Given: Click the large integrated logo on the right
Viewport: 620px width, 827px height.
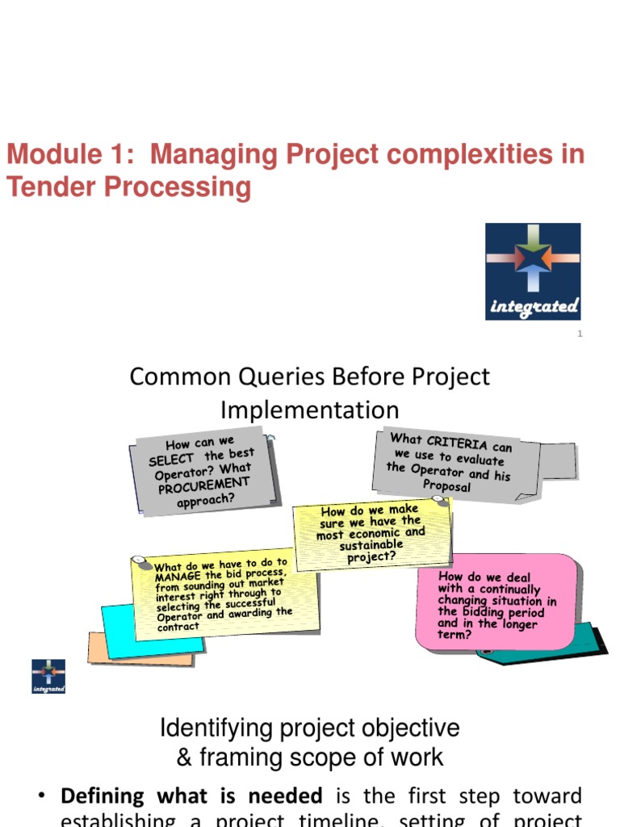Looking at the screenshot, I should click(533, 271).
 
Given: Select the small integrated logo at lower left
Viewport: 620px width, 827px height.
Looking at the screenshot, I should click(48, 677).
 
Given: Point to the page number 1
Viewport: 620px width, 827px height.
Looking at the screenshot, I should click(580, 334).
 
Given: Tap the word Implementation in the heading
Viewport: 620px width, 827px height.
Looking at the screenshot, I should click(310, 409).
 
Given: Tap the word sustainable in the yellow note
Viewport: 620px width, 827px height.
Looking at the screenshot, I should click(371, 545).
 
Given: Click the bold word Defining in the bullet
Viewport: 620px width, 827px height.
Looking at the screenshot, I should click(90, 796).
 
